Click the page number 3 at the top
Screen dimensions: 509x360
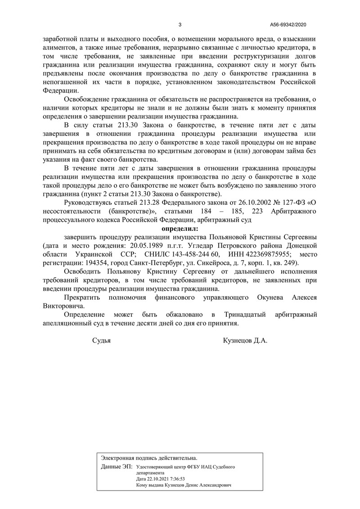[180, 25]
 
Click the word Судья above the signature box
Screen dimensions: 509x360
[101, 341]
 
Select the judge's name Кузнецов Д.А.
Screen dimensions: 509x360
[245, 341]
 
